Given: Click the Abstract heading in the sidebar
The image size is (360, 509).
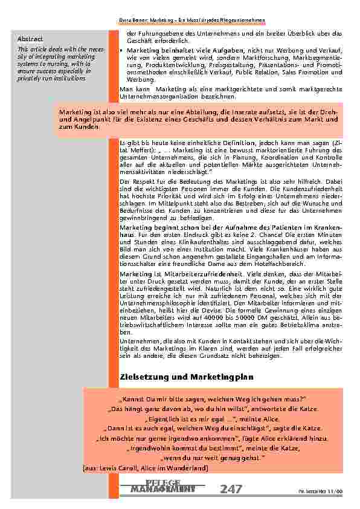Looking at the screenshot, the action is click(29, 40).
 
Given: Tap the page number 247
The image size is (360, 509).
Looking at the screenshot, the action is click(231, 488).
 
